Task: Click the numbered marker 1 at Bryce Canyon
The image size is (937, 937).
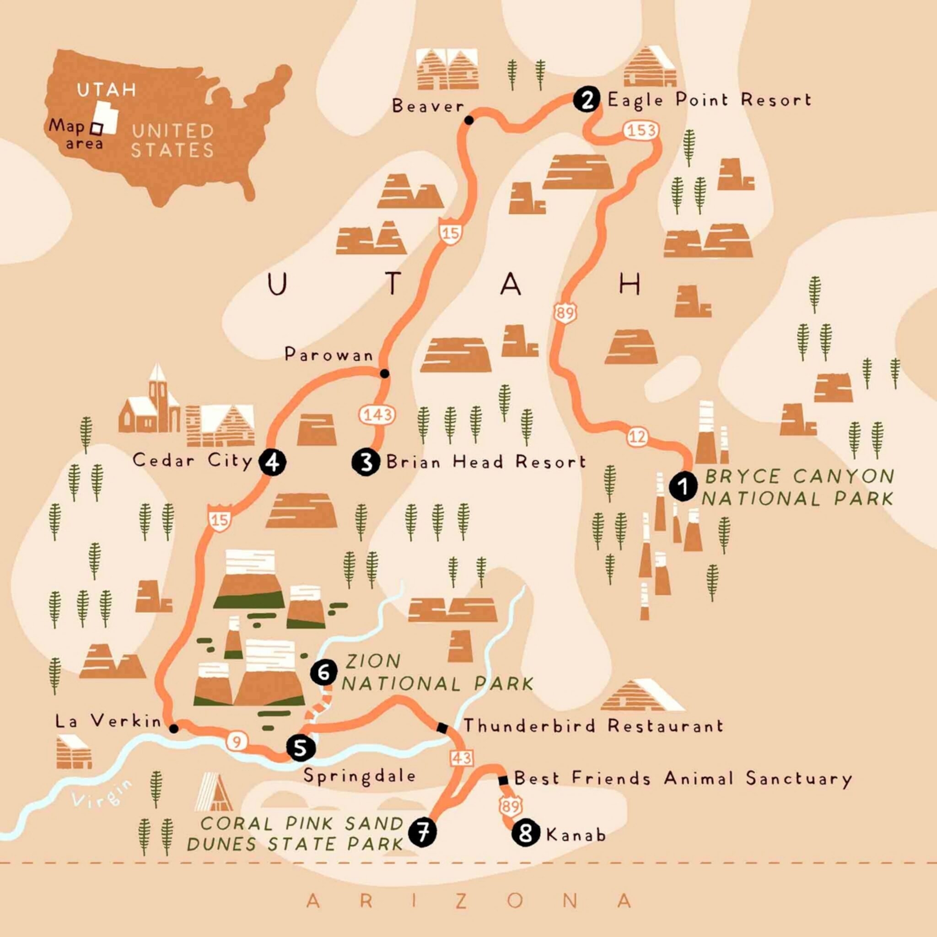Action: [683, 486]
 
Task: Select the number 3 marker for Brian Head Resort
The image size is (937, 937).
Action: [366, 462]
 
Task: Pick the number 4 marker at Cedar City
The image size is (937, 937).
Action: [273, 462]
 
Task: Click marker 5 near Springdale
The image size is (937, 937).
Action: [301, 748]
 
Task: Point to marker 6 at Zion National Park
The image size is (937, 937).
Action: [323, 672]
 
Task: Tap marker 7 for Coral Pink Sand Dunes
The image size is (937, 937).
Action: [422, 833]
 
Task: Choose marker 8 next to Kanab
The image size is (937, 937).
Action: [526, 833]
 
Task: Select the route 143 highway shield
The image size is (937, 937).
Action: [377, 415]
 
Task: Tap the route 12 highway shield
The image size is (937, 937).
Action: [637, 437]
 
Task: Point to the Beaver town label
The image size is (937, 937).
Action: [428, 106]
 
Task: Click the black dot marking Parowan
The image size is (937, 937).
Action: [385, 373]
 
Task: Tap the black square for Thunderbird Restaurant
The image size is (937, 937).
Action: [442, 727]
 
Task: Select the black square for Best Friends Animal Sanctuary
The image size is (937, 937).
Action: [503, 781]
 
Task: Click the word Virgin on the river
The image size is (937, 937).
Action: [101, 794]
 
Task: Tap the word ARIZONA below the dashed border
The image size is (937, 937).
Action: [468, 901]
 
